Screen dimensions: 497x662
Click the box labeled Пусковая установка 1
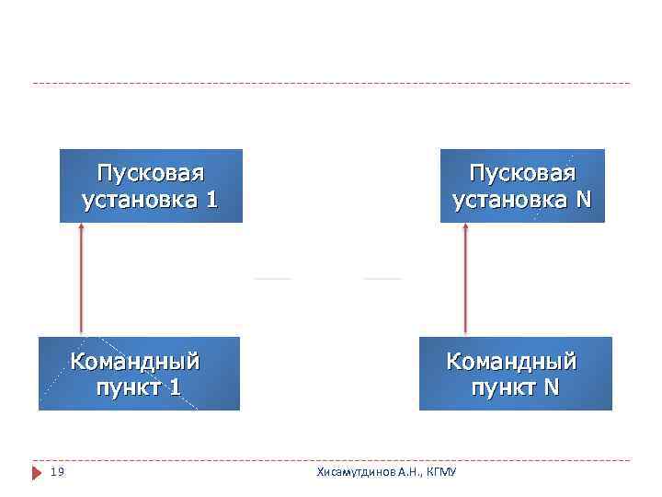pos(151,186)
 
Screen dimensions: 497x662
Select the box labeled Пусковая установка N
pos(522,186)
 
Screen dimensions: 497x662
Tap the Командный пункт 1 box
pos(139,373)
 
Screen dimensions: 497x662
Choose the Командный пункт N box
pos(515,373)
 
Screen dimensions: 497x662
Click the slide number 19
pos(57,472)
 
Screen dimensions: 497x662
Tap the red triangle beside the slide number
pos(38,472)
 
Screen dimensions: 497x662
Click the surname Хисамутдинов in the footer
pos(355,472)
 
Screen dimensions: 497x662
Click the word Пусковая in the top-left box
pos(151,173)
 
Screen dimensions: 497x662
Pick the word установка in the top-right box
pos(505,200)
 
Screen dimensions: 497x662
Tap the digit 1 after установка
pos(212,200)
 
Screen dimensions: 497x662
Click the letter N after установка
pos(584,200)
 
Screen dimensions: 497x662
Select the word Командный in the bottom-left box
pos(135,360)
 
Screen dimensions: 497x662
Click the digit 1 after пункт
pos(174,387)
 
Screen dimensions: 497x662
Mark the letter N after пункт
pos(550,387)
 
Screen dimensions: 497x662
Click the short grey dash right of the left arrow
pos(272,278)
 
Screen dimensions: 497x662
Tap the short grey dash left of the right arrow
pos(382,278)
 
